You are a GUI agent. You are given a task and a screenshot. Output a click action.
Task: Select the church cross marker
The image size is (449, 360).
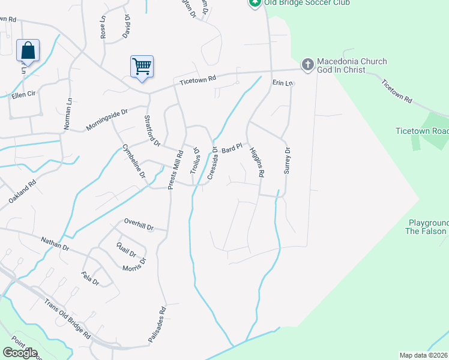point(307,64)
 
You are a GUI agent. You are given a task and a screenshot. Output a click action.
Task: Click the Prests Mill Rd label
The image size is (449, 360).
point(171,172)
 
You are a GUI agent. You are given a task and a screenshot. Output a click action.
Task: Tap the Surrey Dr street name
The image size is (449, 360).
point(287,160)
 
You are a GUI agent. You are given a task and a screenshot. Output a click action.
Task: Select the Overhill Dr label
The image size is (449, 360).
point(139,224)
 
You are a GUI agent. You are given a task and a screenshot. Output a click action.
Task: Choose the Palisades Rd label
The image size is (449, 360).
point(157,326)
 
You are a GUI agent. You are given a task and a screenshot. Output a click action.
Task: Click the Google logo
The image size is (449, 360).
point(20,353)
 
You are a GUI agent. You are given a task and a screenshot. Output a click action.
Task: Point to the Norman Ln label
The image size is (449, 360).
point(67,115)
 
